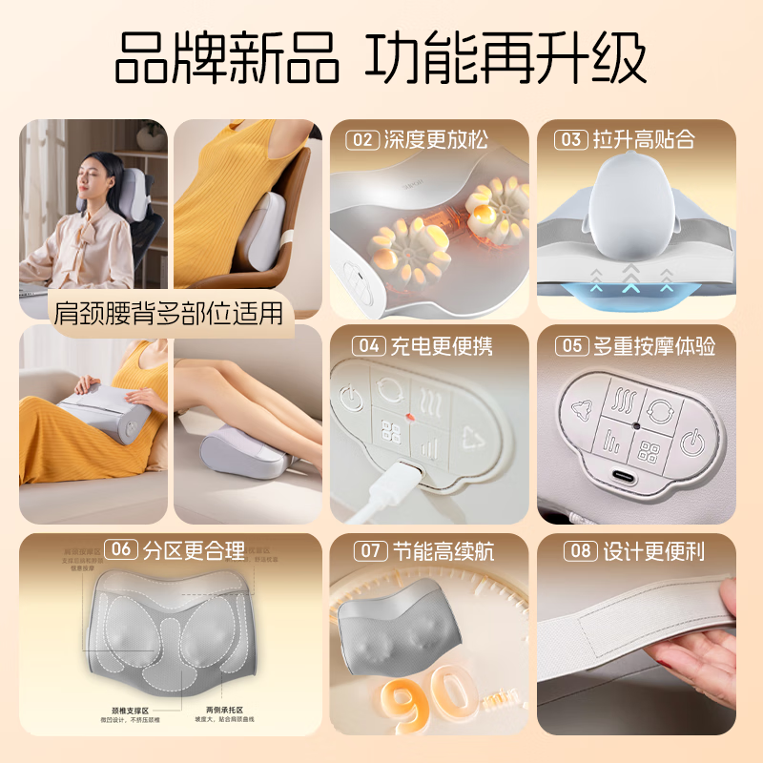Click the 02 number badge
click(x=362, y=140)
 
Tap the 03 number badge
click(x=570, y=140)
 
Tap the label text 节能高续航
click(x=442, y=550)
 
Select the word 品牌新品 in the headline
click(x=226, y=59)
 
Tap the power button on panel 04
click(x=348, y=398)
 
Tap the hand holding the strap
click(x=711, y=658)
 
